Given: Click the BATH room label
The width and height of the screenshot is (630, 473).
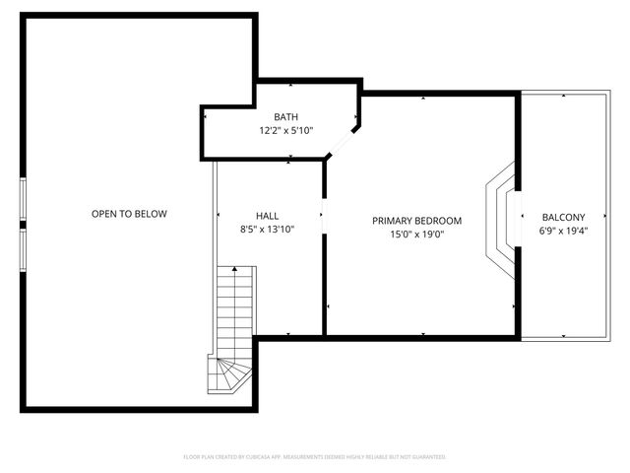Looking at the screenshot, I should (285, 117).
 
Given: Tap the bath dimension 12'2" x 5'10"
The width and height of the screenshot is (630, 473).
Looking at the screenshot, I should (285, 130).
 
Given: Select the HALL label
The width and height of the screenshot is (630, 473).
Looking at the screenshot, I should (268, 216).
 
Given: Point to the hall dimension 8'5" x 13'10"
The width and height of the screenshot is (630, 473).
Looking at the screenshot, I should (268, 229).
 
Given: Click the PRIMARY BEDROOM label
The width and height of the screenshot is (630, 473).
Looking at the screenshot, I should (416, 221).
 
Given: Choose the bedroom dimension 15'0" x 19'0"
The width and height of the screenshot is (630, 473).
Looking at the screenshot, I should (416, 234).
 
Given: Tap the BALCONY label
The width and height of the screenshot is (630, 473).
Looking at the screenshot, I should (563, 218).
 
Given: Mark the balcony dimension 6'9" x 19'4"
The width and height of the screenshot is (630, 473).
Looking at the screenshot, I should (563, 231).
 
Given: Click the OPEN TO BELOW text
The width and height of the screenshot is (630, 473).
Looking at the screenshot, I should (129, 214).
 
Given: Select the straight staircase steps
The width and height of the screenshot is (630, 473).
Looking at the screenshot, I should (235, 310).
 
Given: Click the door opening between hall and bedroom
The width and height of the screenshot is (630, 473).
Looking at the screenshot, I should (324, 215).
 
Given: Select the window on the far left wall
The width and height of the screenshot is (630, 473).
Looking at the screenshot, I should (23, 215).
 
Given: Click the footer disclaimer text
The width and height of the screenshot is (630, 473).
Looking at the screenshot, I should (315, 457).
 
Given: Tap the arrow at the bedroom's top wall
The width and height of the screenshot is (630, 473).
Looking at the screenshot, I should (422, 99).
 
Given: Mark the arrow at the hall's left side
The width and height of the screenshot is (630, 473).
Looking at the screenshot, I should (218, 215).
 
